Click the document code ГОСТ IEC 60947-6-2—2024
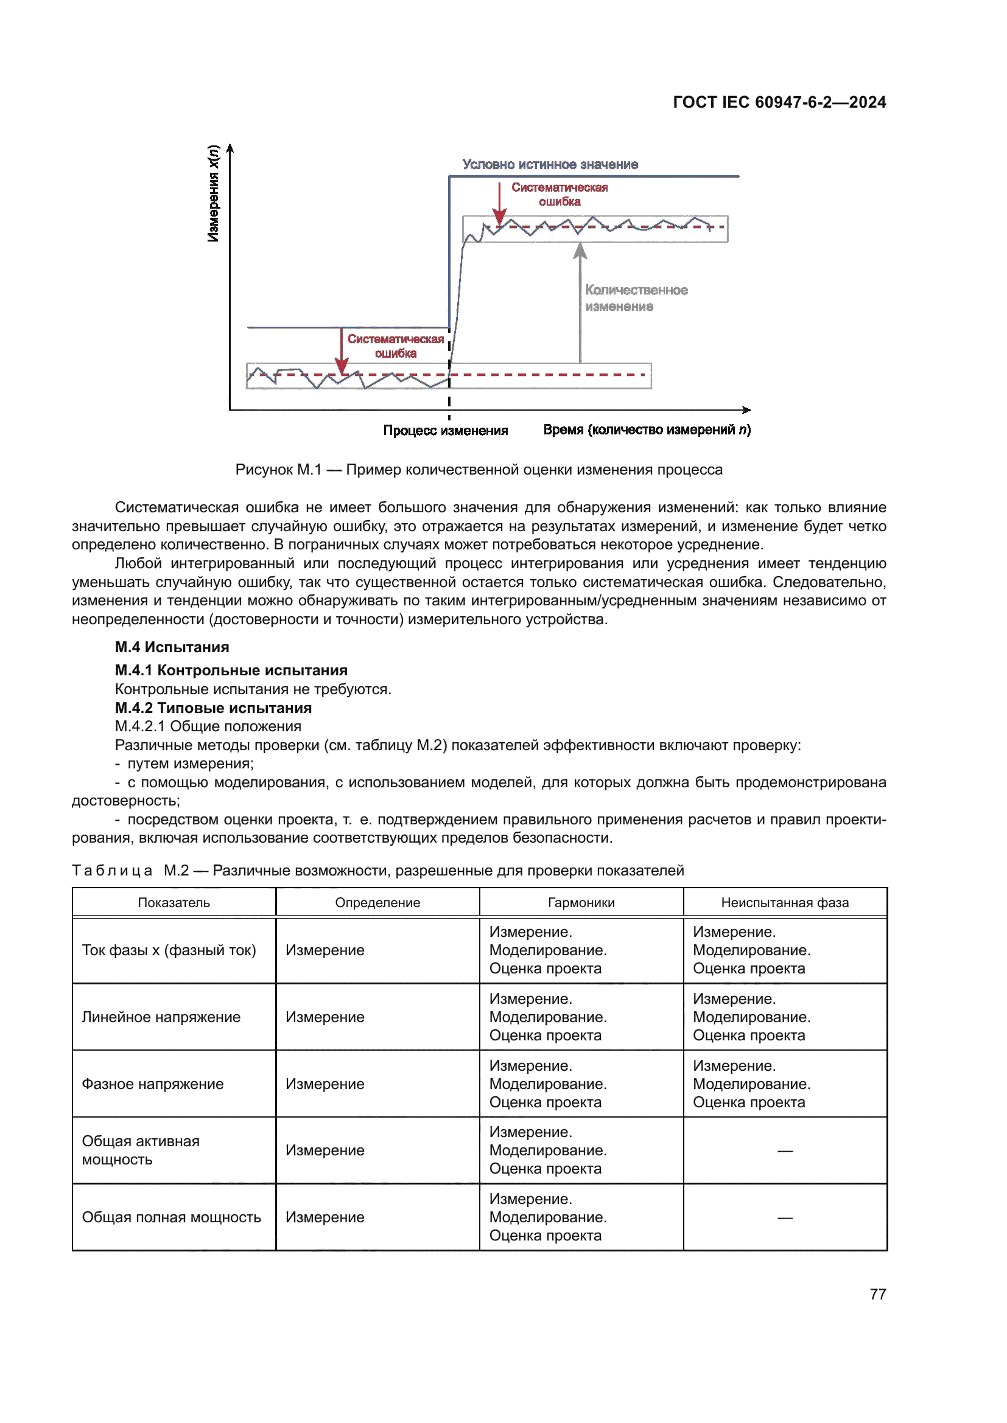click(x=779, y=102)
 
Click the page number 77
click(x=877, y=1294)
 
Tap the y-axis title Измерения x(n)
click(x=213, y=193)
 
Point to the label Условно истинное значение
click(x=550, y=164)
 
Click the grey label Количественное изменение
click(x=636, y=298)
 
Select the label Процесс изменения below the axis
click(x=445, y=430)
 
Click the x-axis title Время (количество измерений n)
click(x=647, y=430)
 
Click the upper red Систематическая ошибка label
click(x=560, y=194)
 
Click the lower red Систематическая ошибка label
click(x=396, y=346)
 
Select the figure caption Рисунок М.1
click(x=479, y=469)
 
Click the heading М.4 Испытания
click(x=172, y=647)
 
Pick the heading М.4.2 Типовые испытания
click(x=213, y=708)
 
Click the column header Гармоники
click(x=581, y=902)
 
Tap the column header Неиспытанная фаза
click(x=784, y=902)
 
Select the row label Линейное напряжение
click(x=161, y=1017)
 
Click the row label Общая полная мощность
click(x=171, y=1217)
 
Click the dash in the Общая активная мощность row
click(x=785, y=1151)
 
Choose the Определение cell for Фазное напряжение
click(x=325, y=1084)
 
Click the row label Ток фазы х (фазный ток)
click(x=169, y=950)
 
